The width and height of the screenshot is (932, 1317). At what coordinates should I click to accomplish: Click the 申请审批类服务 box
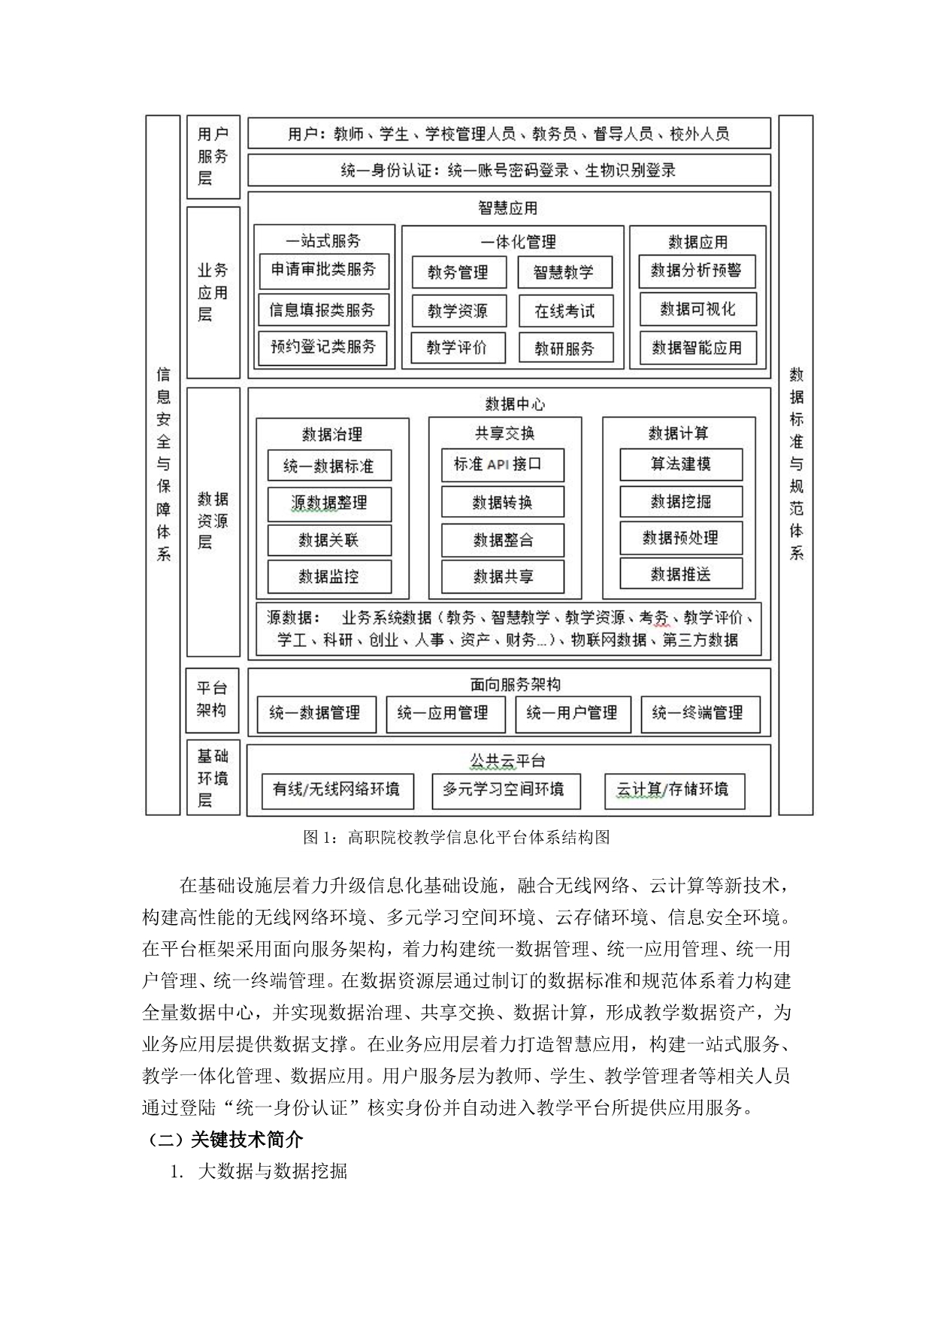click(x=324, y=270)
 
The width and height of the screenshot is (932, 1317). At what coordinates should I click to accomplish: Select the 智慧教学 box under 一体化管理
click(x=564, y=272)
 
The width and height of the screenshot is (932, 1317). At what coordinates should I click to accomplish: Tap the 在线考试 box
click(x=565, y=311)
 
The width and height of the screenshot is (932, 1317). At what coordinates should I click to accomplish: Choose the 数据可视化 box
click(x=697, y=310)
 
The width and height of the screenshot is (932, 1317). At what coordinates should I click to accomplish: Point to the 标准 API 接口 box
click(x=502, y=465)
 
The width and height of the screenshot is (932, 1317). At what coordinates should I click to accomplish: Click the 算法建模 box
click(x=681, y=465)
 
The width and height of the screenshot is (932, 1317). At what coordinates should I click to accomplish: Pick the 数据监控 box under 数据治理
click(x=329, y=577)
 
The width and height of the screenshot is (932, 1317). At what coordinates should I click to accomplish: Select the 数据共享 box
click(x=502, y=577)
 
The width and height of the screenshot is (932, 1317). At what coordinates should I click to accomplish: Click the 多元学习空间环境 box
click(x=503, y=790)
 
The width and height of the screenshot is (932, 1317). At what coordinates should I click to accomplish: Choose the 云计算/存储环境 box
click(x=675, y=790)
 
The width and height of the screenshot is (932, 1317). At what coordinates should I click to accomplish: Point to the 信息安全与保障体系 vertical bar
click(x=163, y=465)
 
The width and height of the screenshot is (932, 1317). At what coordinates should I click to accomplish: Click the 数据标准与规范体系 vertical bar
click(x=796, y=465)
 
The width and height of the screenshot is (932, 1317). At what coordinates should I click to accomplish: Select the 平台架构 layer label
click(x=213, y=700)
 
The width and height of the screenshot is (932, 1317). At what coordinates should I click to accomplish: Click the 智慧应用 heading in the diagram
click(x=508, y=208)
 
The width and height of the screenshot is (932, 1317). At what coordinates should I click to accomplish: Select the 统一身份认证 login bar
click(x=509, y=171)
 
